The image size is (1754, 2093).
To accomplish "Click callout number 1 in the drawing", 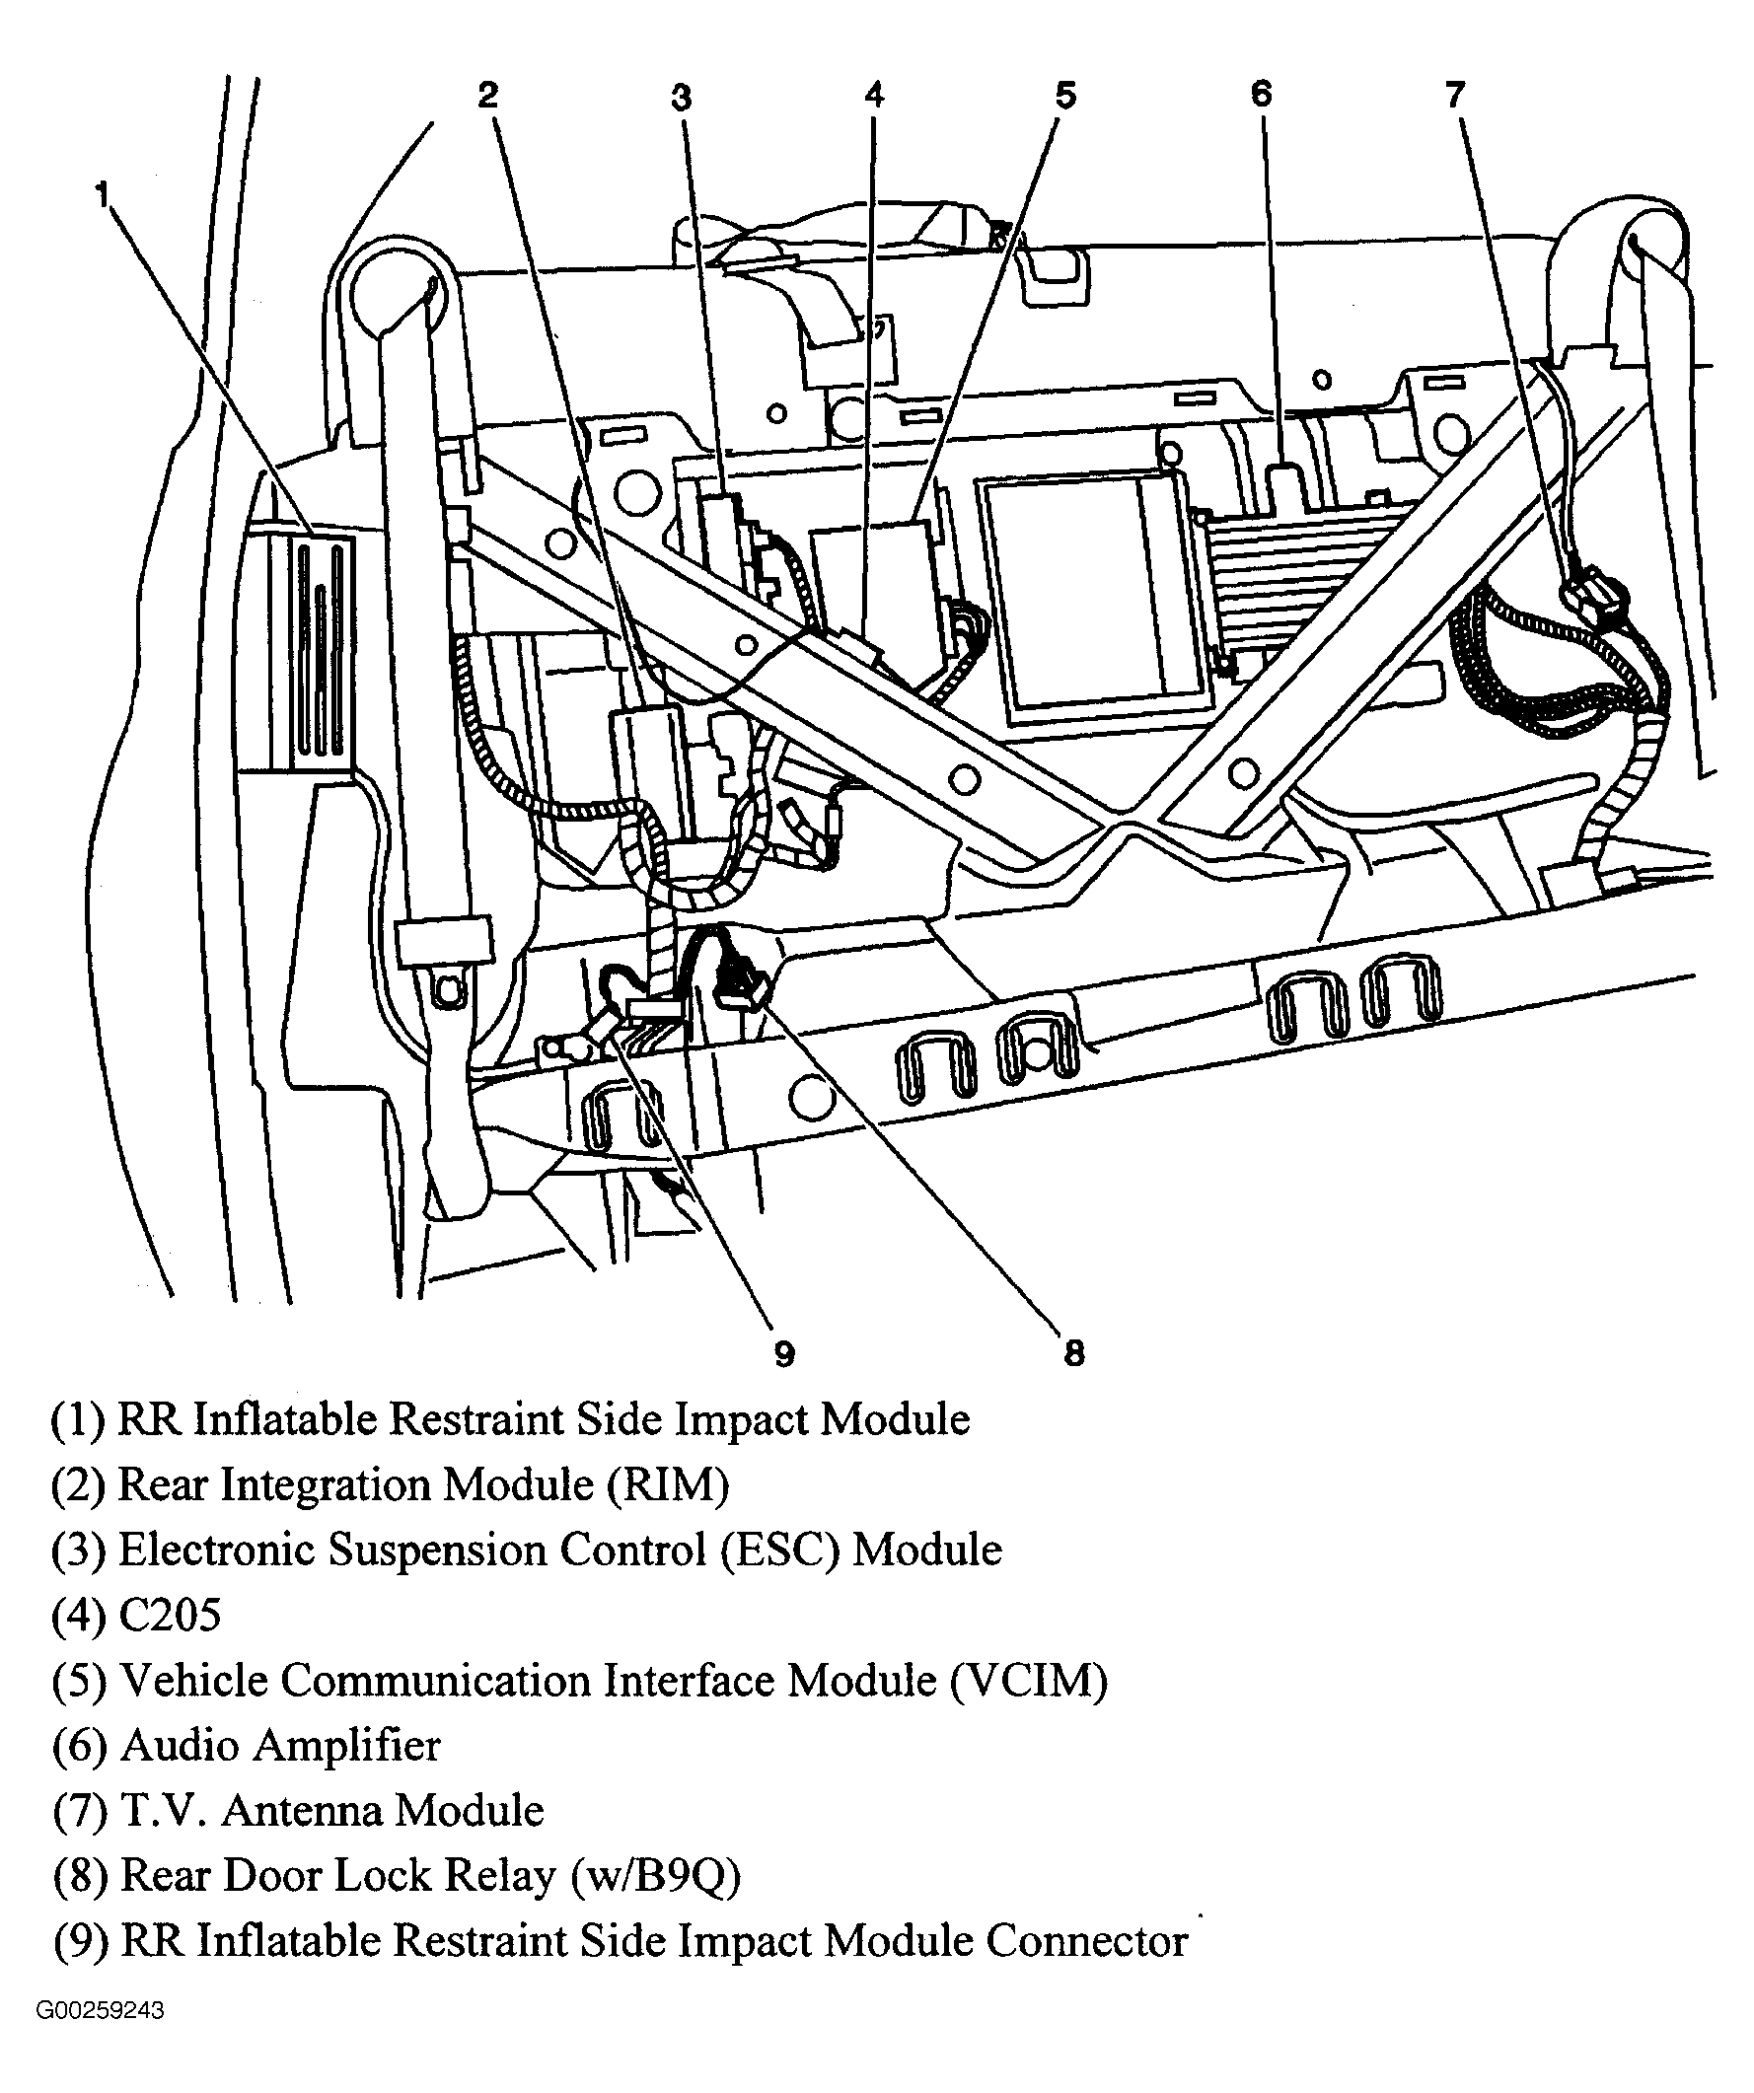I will point(102,194).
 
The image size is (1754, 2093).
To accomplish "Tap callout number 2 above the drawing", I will point(487,96).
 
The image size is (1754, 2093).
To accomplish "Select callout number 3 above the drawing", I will point(681,98).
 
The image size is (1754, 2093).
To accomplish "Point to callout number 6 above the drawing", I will point(1262,94).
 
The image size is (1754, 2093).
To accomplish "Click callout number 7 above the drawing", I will point(1456,95).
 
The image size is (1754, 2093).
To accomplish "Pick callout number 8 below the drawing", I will point(1073,1352).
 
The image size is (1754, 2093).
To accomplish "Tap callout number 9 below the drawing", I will point(784,1353).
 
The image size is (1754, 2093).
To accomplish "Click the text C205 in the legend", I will point(170,1615).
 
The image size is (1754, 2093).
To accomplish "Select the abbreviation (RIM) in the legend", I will point(669,1485).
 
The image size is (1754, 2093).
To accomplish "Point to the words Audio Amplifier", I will point(280,1745).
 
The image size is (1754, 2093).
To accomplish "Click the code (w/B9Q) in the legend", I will point(657,1876).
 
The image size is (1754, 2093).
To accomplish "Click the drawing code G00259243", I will point(100,2010).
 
